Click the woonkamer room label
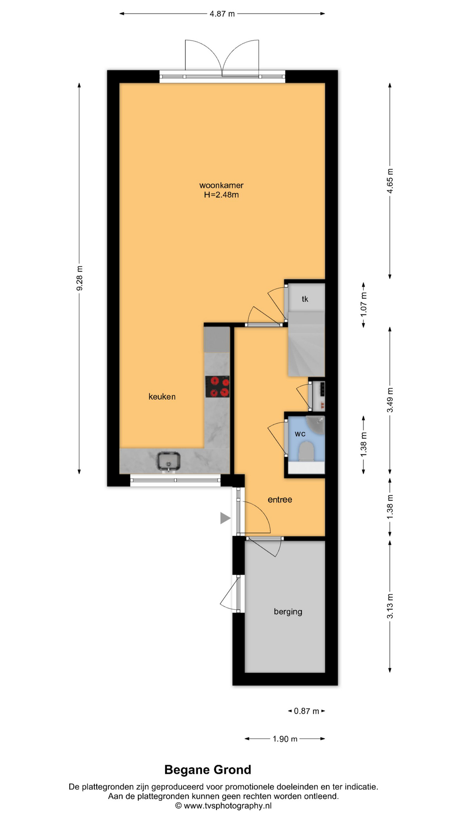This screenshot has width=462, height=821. (221, 185)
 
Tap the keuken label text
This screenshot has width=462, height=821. (162, 396)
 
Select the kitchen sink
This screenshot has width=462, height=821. (168, 462)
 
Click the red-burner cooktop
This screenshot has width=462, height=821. (217, 387)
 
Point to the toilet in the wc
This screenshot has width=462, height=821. (306, 451)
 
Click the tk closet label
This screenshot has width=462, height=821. (305, 299)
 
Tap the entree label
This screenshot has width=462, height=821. (280, 499)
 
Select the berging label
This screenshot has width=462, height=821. (288, 611)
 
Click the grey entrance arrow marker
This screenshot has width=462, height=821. (225, 518)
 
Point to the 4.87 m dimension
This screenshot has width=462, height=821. (222, 14)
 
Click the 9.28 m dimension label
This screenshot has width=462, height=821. (80, 278)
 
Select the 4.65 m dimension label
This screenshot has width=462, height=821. (390, 181)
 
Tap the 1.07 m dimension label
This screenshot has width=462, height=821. (364, 304)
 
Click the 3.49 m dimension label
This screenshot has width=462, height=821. (390, 400)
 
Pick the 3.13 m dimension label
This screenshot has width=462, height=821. (390, 606)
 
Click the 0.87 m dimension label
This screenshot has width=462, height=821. (306, 711)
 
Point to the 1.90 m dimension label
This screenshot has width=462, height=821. (285, 739)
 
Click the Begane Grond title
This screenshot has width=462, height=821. (208, 770)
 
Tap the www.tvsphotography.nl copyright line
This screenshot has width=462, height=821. (223, 806)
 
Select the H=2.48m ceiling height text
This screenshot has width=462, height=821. (221, 195)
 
